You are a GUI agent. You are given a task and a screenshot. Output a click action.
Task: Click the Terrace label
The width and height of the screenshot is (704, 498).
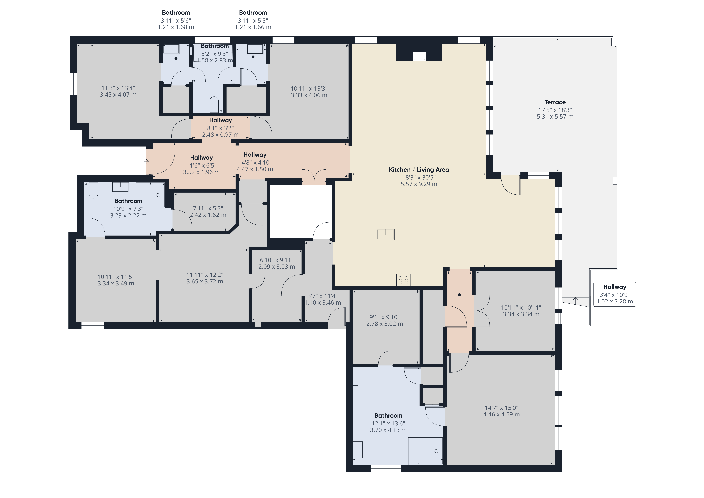(x=555, y=102)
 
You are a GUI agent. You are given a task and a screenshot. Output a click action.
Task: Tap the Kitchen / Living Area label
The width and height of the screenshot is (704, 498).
(x=419, y=170)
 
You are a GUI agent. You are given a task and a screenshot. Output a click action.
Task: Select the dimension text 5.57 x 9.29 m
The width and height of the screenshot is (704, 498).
(x=419, y=184)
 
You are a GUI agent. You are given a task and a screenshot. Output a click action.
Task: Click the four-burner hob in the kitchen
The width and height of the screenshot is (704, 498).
(x=403, y=280)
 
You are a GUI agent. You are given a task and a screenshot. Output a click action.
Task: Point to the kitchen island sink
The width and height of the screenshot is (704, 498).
(x=385, y=235)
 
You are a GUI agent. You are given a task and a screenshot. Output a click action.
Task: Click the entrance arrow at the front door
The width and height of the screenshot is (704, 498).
(x=146, y=162)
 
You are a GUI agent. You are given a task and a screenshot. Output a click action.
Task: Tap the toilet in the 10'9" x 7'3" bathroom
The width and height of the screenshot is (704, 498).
(x=93, y=190)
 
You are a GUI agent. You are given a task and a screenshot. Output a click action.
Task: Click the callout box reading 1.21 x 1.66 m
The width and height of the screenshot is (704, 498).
(x=253, y=20)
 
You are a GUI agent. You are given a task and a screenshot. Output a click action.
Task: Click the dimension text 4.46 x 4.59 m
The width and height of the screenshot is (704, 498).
(x=501, y=414)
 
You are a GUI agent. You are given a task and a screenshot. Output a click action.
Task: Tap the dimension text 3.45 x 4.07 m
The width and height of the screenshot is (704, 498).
(x=118, y=95)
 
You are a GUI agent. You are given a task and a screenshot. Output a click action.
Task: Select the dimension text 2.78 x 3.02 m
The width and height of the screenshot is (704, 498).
(x=385, y=324)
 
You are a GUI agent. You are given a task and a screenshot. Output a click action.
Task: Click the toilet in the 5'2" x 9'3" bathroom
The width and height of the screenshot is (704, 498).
(x=214, y=104)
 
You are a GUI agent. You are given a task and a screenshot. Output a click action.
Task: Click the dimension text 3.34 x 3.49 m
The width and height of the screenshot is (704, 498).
(x=116, y=283)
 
